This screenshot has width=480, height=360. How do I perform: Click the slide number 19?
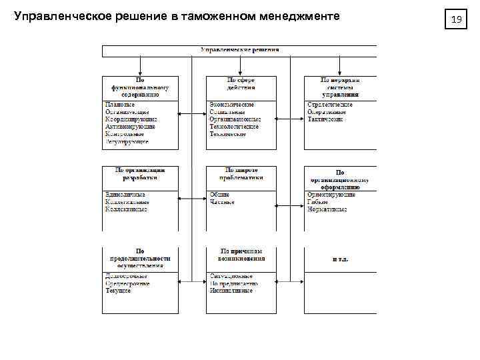point(457,20)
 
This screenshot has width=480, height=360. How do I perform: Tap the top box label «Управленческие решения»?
point(239,50)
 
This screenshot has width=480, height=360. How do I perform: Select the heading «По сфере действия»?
point(241,83)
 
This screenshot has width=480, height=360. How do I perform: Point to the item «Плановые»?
point(120,105)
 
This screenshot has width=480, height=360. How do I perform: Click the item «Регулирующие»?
point(127,141)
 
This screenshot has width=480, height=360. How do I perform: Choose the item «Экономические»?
point(232,105)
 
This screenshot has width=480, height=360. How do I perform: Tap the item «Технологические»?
point(234,127)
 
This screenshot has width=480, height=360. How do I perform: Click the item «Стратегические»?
point(330,105)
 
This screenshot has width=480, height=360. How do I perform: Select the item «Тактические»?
point(325,119)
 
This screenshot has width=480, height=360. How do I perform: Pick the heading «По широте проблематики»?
point(241,173)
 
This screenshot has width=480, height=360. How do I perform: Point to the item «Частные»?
point(222,202)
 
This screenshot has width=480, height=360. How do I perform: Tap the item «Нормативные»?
point(327,209)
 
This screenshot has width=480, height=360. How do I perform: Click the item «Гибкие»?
point(318,202)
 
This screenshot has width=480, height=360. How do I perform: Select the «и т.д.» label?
point(341,258)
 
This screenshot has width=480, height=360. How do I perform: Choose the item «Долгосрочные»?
point(126,276)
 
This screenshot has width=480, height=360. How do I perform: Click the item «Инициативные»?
point(231,291)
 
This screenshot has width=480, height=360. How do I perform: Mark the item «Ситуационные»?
point(231,276)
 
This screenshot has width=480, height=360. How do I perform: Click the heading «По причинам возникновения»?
point(241,255)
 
